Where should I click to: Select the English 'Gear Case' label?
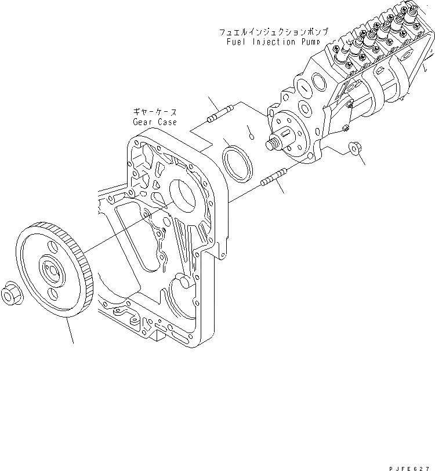click(x=154, y=122)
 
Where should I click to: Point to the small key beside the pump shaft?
click(x=250, y=136)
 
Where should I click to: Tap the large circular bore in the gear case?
click(x=184, y=196)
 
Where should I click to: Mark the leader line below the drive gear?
click(x=70, y=330)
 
